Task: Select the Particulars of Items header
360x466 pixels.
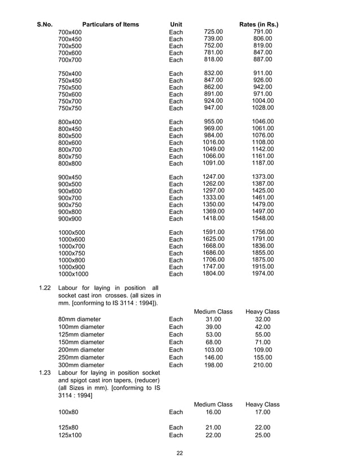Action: click(111, 25)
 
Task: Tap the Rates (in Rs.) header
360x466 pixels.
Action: click(259, 25)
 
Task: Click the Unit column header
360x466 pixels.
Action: click(176, 25)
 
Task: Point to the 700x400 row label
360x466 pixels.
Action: click(70, 33)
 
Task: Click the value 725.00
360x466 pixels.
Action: click(213, 32)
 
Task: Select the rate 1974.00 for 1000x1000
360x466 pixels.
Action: click(262, 274)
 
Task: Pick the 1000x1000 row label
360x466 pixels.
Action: click(73, 274)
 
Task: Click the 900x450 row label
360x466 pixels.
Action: click(70, 178)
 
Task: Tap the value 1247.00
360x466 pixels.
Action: click(213, 177)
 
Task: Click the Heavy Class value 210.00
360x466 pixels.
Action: click(262, 365)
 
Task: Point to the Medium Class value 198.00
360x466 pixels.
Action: click(213, 365)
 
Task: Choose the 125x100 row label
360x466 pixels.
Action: click(70, 436)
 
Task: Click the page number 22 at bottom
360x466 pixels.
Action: click(179, 454)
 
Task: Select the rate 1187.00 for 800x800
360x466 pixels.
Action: click(262, 163)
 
